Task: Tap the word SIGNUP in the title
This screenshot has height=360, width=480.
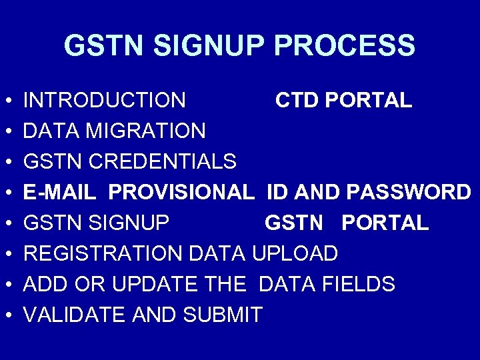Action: tap(211, 46)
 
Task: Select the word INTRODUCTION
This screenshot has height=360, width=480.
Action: tap(105, 101)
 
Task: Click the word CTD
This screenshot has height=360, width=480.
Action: tap(298, 101)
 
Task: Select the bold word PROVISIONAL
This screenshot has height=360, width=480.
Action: tap(181, 193)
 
